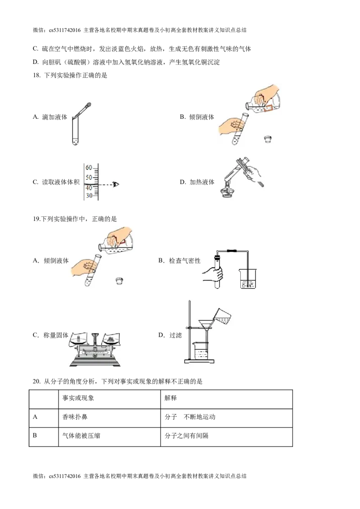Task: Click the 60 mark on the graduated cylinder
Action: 89,167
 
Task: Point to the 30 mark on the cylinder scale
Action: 89,196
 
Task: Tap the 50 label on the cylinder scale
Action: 89,177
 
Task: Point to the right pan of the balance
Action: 111,341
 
